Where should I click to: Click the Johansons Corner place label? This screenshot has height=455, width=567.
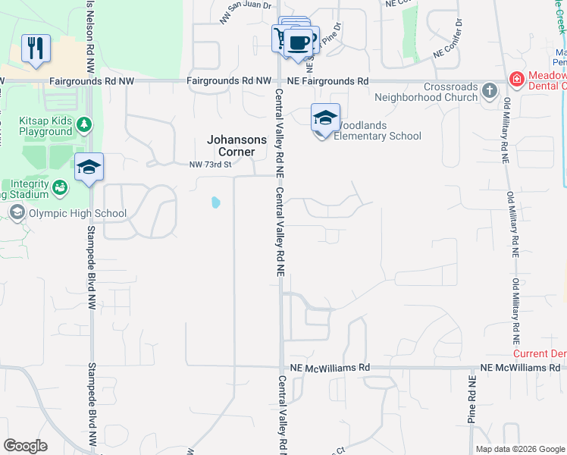[x=237, y=146]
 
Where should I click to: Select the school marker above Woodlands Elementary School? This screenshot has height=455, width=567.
[x=325, y=118]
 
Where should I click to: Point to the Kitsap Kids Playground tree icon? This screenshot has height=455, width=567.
[x=86, y=123]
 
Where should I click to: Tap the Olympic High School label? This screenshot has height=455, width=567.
[x=77, y=213]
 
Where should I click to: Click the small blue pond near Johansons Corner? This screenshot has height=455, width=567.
[x=216, y=202]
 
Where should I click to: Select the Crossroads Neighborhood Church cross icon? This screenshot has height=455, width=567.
[x=490, y=92]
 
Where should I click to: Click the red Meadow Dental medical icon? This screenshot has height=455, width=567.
[x=516, y=79]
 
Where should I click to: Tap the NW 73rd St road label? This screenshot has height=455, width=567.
[x=208, y=164]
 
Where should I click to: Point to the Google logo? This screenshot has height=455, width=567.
[x=25, y=446]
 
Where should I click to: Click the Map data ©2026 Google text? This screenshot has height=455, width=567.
[x=520, y=449]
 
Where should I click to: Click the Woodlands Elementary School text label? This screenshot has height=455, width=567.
[x=378, y=130]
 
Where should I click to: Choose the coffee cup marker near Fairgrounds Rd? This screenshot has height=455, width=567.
[x=299, y=42]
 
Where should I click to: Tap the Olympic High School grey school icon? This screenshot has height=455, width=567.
[x=17, y=213]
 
